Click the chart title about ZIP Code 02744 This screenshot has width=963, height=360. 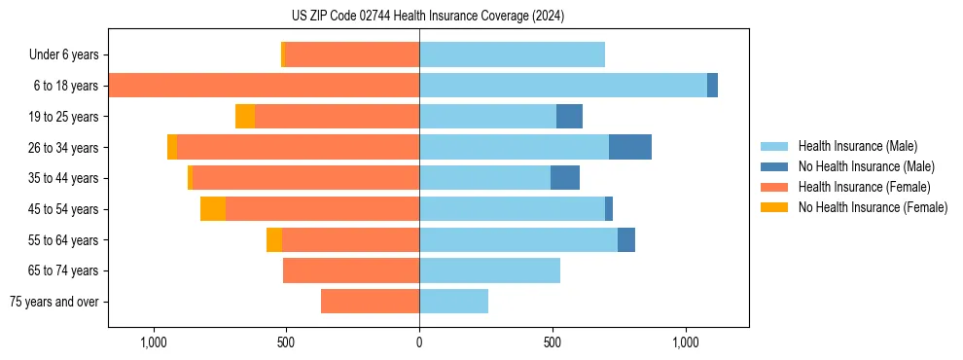tap(428, 16)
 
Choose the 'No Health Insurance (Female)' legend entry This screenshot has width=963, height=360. tap(873, 207)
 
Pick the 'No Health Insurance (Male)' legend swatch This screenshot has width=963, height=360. tap(774, 166)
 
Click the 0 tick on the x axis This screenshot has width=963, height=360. tap(419, 342)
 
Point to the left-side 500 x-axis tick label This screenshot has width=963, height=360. tap(286, 342)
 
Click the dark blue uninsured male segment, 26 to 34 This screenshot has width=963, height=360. tap(630, 147)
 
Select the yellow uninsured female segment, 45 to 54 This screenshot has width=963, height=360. tap(213, 209)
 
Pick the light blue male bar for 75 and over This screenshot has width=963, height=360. tap(453, 302)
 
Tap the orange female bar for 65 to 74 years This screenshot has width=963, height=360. tap(351, 270)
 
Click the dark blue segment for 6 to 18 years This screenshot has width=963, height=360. tap(712, 86)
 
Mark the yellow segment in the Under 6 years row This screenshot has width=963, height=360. tap(283, 54)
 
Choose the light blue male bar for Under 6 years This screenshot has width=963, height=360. tap(512, 54)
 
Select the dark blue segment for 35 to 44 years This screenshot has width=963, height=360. tap(565, 178)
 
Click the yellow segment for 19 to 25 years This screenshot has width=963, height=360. tap(245, 117)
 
